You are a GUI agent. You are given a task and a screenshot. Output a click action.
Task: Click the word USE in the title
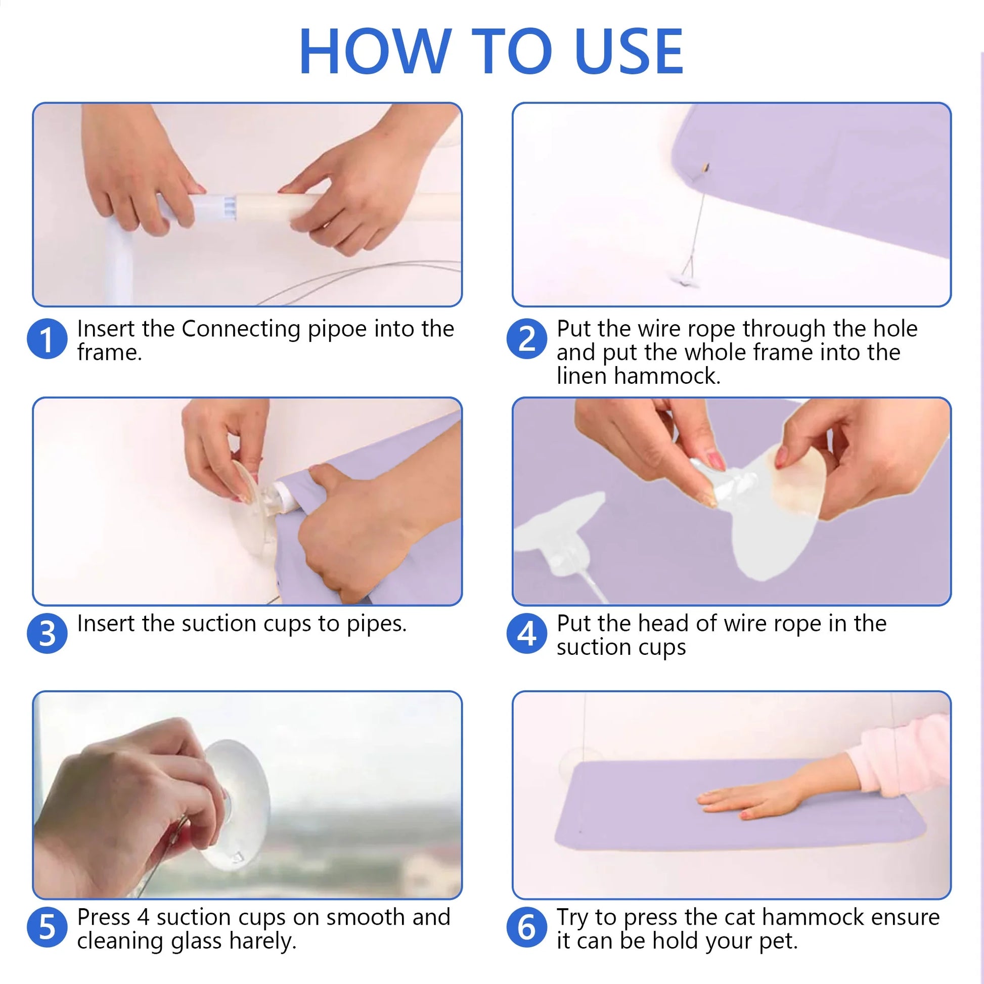click(x=629, y=51)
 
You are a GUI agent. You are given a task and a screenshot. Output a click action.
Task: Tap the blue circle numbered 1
click(x=47, y=339)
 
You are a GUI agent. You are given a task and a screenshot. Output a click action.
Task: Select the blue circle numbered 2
click(x=526, y=339)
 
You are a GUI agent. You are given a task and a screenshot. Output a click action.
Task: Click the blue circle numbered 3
click(x=47, y=633)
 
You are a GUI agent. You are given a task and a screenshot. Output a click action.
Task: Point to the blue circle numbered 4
click(x=526, y=633)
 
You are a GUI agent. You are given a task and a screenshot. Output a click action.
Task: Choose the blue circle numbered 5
click(x=47, y=927)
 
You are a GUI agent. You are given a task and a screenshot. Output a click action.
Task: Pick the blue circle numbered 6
click(x=526, y=927)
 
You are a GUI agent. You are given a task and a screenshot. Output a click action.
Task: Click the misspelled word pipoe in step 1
click(x=337, y=330)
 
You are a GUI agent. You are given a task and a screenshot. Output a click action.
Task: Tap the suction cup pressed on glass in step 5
click(x=237, y=804)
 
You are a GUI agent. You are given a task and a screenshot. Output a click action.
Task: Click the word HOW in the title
click(x=375, y=51)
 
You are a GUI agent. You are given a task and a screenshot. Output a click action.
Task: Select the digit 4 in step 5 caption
click(x=143, y=918)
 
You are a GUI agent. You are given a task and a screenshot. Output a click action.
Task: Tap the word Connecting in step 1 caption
click(x=241, y=330)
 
